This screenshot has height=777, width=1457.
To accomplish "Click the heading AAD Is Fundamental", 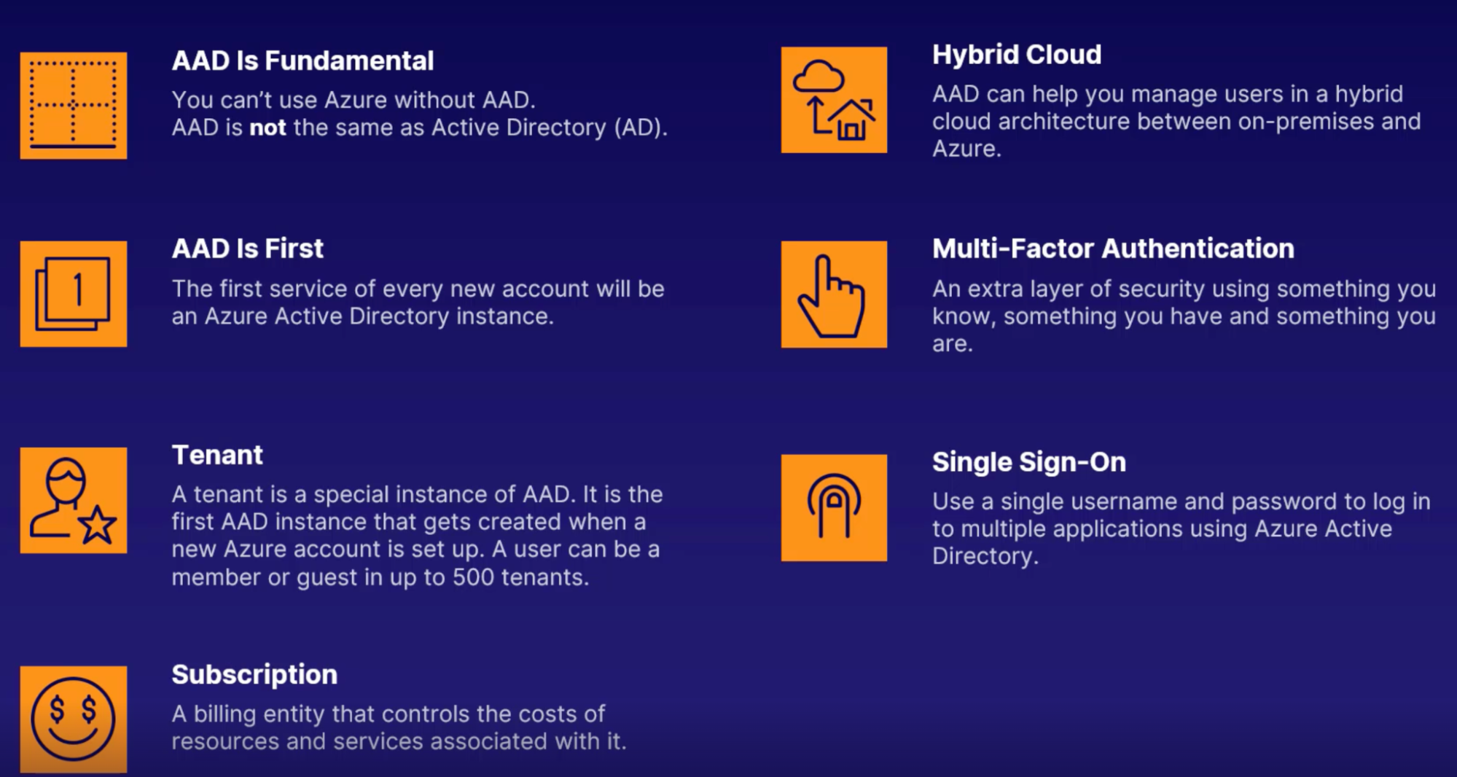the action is pyautogui.click(x=302, y=60).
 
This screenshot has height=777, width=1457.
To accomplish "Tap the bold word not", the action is pyautogui.click(x=267, y=128).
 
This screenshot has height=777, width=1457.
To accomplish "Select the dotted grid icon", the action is pyautogui.click(x=73, y=105).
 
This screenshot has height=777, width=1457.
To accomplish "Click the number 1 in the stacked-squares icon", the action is pyautogui.click(x=78, y=289).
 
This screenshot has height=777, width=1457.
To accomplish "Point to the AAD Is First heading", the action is pyautogui.click(x=247, y=249).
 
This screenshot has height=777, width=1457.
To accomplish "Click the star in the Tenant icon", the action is pyautogui.click(x=98, y=525).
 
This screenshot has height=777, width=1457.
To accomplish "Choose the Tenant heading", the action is pyautogui.click(x=217, y=455).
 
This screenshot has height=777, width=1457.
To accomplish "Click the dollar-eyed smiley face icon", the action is pyautogui.click(x=73, y=719).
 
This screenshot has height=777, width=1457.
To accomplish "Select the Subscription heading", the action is pyautogui.click(x=254, y=674).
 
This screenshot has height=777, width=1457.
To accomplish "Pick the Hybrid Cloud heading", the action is pyautogui.click(x=1017, y=55).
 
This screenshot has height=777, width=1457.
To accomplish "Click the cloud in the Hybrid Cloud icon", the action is pyautogui.click(x=819, y=77).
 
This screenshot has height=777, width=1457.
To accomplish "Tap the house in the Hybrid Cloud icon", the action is pyautogui.click(x=851, y=120).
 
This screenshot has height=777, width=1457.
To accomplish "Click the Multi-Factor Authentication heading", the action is pyautogui.click(x=1113, y=249).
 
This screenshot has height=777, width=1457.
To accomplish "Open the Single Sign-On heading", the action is pyautogui.click(x=1029, y=462).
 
